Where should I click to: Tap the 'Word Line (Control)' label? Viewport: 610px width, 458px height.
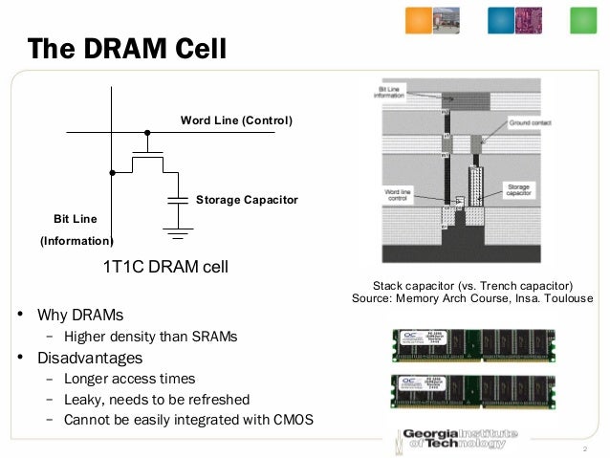236,120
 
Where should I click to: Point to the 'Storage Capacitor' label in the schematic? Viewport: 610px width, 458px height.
247,200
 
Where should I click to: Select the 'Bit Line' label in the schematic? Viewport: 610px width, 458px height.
75,219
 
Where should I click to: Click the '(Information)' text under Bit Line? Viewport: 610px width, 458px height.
76,241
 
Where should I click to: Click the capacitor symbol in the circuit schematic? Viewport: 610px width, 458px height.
178,200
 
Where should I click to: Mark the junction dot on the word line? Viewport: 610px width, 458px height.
146,133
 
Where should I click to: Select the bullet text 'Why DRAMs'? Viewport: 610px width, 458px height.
80,315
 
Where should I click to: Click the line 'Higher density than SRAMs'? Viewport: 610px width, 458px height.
150,337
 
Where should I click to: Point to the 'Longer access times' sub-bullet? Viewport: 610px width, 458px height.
129,379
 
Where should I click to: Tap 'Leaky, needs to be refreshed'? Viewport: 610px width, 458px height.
156,400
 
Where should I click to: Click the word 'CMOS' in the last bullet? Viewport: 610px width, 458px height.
293,420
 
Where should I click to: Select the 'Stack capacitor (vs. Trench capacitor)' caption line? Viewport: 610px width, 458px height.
473,286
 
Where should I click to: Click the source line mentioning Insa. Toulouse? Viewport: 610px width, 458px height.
473,299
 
